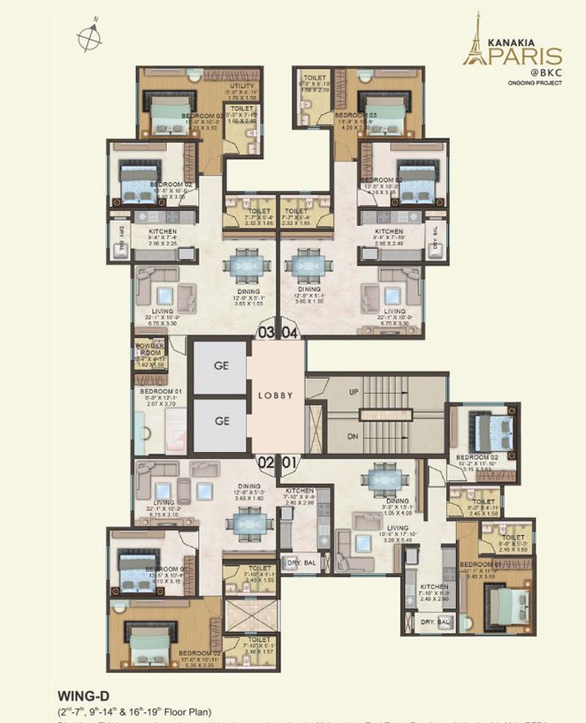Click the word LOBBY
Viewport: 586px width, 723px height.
point(276,396)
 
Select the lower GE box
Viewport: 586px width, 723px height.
point(219,421)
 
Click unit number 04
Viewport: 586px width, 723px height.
point(291,333)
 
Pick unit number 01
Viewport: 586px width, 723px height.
point(290,462)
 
